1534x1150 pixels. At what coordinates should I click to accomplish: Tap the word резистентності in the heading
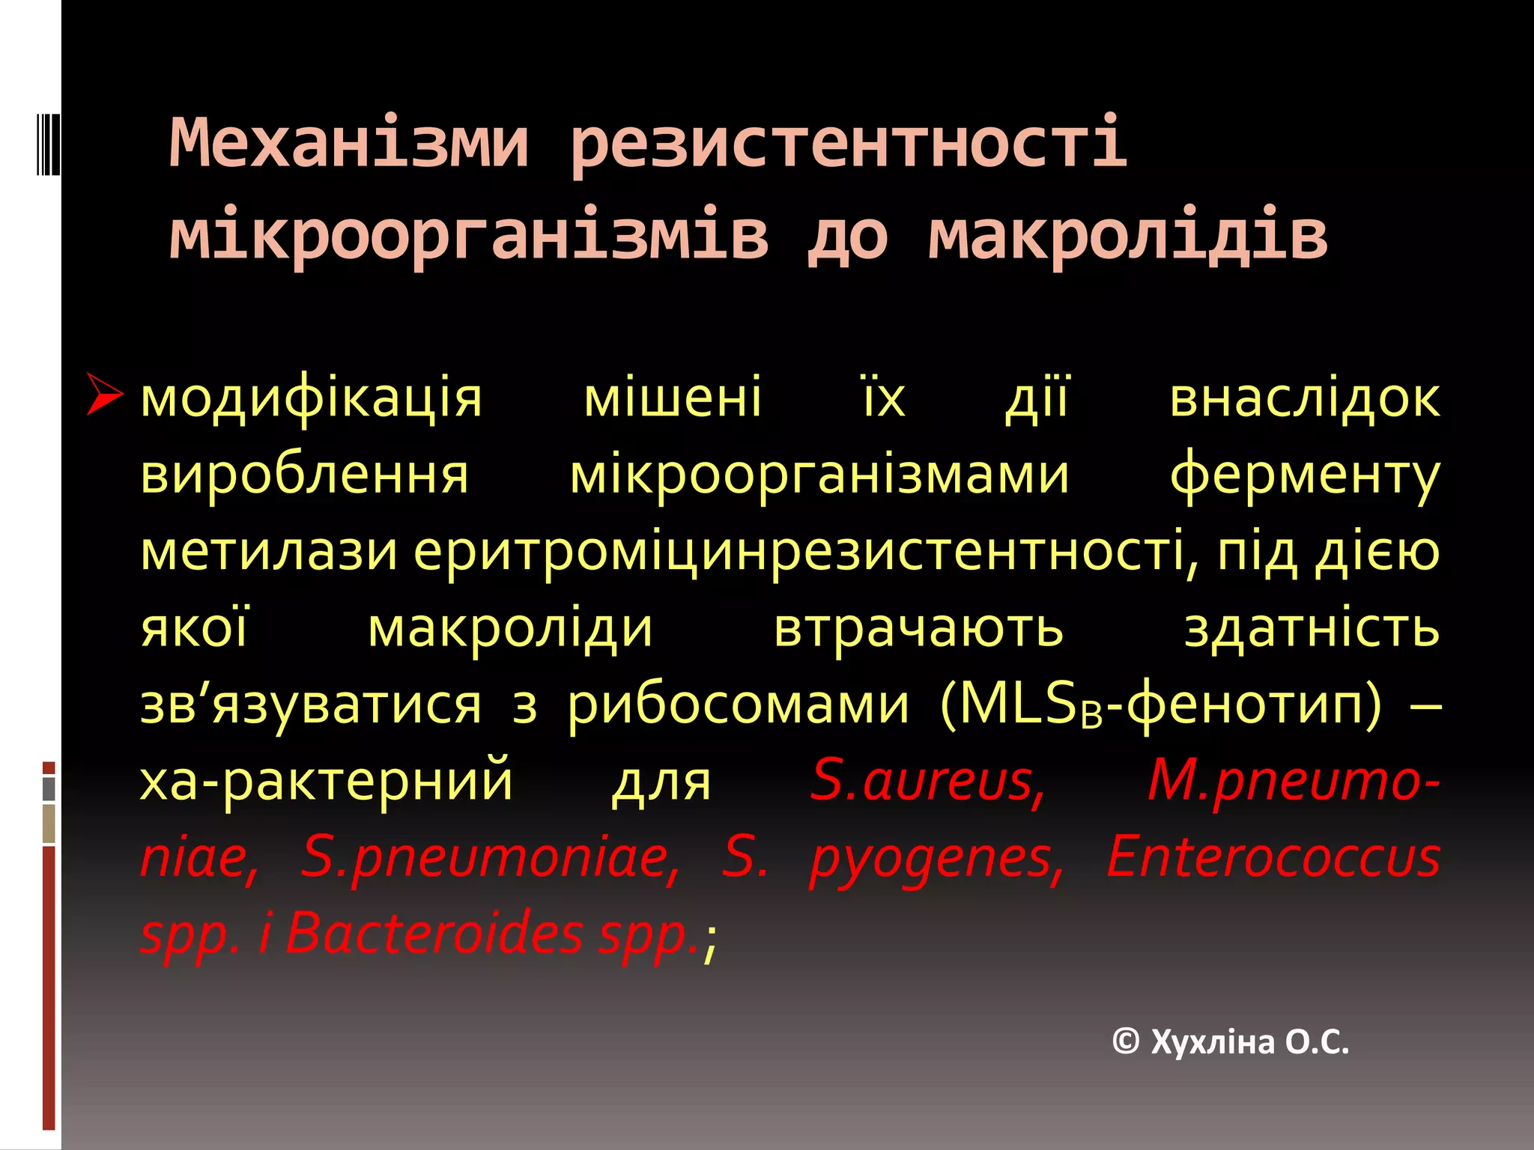coord(848,144)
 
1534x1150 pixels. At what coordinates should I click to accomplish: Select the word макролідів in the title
coord(1127,235)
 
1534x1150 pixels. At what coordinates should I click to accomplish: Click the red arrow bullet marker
coord(103,394)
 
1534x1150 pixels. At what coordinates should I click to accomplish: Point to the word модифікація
coord(311,398)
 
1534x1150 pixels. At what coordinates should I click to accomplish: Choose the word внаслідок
coord(1304,398)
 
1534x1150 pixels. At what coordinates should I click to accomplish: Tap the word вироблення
coord(305,475)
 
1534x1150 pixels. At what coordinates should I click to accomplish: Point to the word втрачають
coord(918,629)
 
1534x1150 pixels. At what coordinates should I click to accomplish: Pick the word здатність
coord(1311,629)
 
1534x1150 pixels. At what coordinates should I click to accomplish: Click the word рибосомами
coord(738,706)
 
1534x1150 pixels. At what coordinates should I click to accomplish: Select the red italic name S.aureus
coord(927,781)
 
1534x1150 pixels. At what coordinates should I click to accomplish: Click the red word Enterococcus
coord(1273,857)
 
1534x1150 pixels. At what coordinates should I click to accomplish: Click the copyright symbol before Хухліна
coord(1126,1041)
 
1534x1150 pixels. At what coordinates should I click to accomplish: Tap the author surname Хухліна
coord(1212,1042)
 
